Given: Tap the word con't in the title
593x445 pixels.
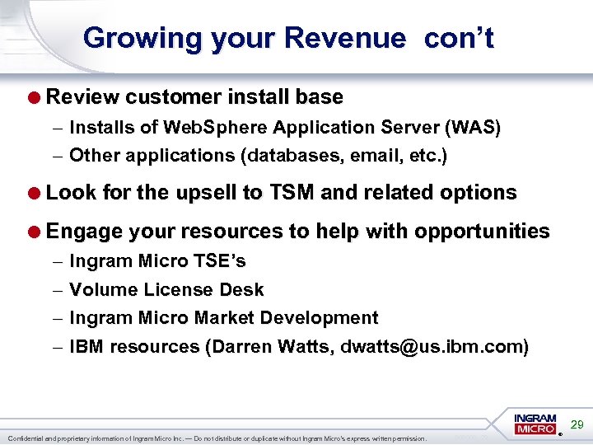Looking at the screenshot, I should [x=460, y=38].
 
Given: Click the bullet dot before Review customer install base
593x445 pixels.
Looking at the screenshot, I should [x=36, y=97].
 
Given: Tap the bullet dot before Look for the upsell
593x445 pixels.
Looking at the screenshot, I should [x=36, y=194].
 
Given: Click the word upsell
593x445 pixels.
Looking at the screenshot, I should [x=207, y=194].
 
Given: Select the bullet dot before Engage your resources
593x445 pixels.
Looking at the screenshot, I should [x=36, y=232].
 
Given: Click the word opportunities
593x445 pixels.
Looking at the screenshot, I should [x=482, y=232].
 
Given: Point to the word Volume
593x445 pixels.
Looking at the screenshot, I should [x=104, y=290].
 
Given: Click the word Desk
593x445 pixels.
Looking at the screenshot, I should [x=242, y=290].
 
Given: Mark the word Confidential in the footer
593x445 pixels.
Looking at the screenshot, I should [x=26, y=438].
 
